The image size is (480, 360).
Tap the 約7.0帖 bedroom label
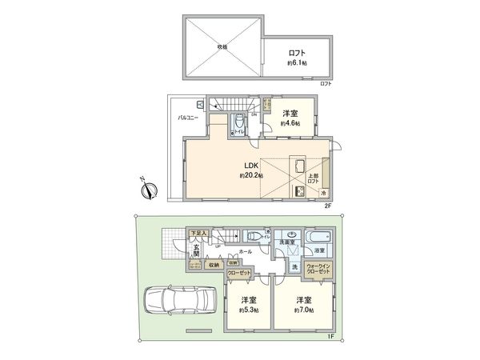303,309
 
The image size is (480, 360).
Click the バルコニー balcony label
188,118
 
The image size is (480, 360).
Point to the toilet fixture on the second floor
238,124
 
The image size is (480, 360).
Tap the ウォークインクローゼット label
319,270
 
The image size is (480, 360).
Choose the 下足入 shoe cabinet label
198,233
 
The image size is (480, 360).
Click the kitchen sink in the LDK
300,165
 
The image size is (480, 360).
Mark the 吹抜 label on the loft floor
222,46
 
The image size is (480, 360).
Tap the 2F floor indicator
327,206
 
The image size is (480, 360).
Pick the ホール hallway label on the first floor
246,251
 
